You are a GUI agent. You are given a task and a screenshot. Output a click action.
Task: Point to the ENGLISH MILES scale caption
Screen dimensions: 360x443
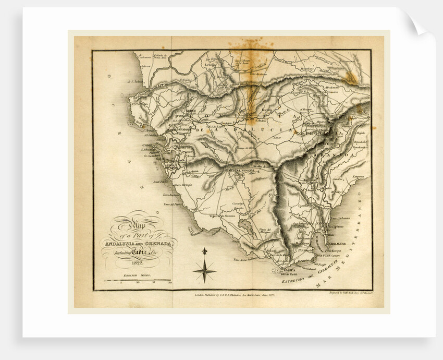(137, 274)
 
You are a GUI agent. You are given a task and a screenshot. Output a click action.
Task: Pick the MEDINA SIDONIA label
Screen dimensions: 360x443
(240, 170)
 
